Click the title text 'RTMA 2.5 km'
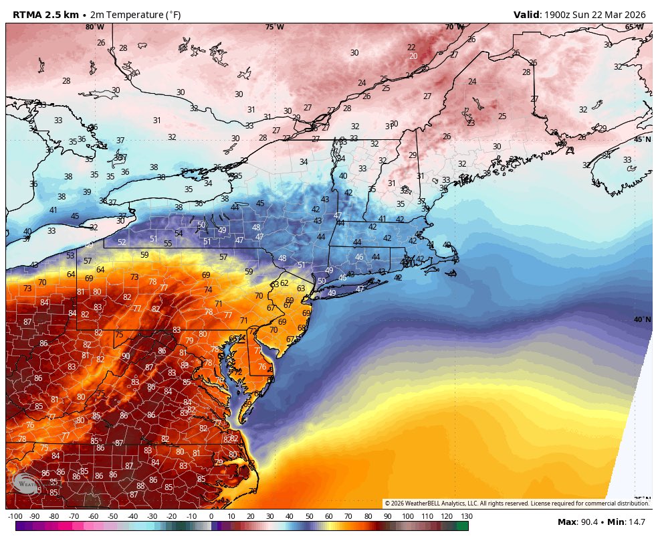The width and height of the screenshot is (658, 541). click(45, 15)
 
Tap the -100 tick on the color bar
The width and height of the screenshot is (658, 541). click(15, 516)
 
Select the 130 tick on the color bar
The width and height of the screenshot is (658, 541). click(467, 516)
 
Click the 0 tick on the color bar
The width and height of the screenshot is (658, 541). click(211, 516)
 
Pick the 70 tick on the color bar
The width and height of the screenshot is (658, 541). click(348, 516)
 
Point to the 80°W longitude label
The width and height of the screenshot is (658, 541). click(94, 27)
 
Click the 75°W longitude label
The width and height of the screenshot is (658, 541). click(274, 27)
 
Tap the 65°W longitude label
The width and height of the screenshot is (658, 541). click(634, 27)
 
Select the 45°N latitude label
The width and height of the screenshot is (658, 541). click(641, 139)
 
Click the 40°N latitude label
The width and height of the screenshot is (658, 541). click(642, 319)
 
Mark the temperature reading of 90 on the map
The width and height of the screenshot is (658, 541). click(126, 356)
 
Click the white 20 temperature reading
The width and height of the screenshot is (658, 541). click(413, 56)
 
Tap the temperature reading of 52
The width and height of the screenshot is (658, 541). click(122, 242)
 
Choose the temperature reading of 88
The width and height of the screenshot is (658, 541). click(140, 486)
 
